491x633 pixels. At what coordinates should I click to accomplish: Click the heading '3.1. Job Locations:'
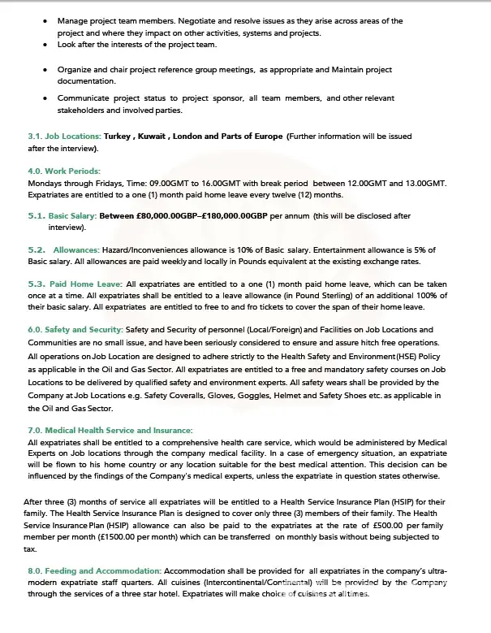pos(64,137)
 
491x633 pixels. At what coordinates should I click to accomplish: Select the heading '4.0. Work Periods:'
pos(64,171)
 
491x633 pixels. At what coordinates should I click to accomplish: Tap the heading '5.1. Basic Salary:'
pos(62,216)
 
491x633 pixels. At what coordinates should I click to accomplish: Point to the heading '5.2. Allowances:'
pos(64,249)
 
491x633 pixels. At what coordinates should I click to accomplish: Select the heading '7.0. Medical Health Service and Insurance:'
pos(110,430)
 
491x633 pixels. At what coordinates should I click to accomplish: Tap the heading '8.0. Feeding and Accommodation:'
pos(94,572)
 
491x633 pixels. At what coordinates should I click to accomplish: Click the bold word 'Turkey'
pos(118,137)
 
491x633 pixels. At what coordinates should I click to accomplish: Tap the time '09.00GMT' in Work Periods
pos(169,184)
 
